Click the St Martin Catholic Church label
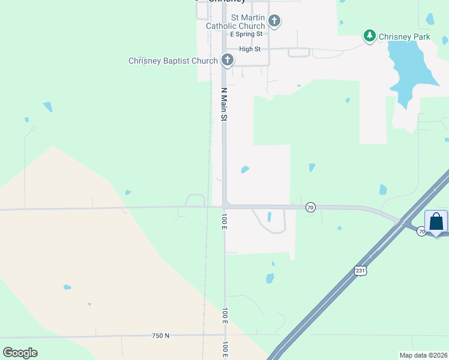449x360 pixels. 235,22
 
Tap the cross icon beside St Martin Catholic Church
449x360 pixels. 274,22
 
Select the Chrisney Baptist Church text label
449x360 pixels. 173,61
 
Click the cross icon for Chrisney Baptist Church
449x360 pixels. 227,60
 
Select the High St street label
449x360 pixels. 250,49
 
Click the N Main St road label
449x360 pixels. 224,105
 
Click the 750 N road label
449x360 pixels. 160,335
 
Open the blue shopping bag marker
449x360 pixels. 436,222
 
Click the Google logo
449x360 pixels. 20,352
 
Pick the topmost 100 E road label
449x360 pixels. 224,220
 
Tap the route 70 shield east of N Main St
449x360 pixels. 310,207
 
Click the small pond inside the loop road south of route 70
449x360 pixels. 269,217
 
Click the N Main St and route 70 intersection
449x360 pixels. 224,206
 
